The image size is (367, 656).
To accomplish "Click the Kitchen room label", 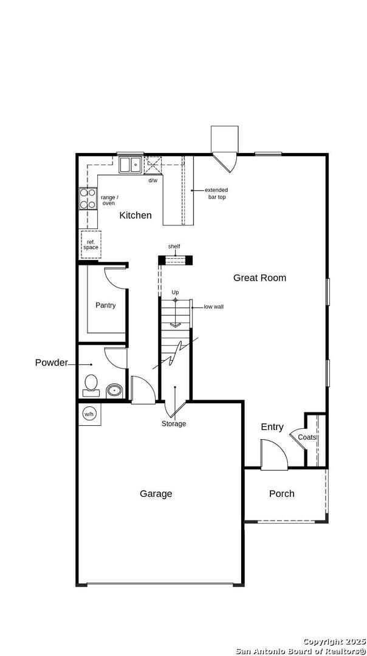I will pos(135,216).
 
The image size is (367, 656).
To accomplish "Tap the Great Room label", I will pos(259,278).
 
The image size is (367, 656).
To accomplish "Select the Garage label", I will pos(156,494).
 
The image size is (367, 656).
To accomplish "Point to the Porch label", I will pos(281,494).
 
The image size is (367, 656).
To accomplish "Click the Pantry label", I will pos(105,306).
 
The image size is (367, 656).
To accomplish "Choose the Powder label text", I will pos(51,363).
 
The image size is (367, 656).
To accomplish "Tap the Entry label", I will pos(272,427).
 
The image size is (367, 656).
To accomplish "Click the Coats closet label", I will pos(307,437).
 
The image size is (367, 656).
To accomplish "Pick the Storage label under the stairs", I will pos(174,423).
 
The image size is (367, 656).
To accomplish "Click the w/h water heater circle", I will pos(89,414).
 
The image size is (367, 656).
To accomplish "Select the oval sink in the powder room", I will pos(114,390).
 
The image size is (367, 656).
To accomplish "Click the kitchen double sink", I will pos(130,165).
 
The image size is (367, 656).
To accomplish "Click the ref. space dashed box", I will pos(91,244).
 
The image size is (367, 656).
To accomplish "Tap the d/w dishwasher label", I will pos(153,180).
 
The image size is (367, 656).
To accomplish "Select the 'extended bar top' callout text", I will pos(216,194).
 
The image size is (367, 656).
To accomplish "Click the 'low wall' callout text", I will pos(213,307).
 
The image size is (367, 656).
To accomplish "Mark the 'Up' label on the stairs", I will pos(175,293).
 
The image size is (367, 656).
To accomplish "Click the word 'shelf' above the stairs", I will pos(174,246).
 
